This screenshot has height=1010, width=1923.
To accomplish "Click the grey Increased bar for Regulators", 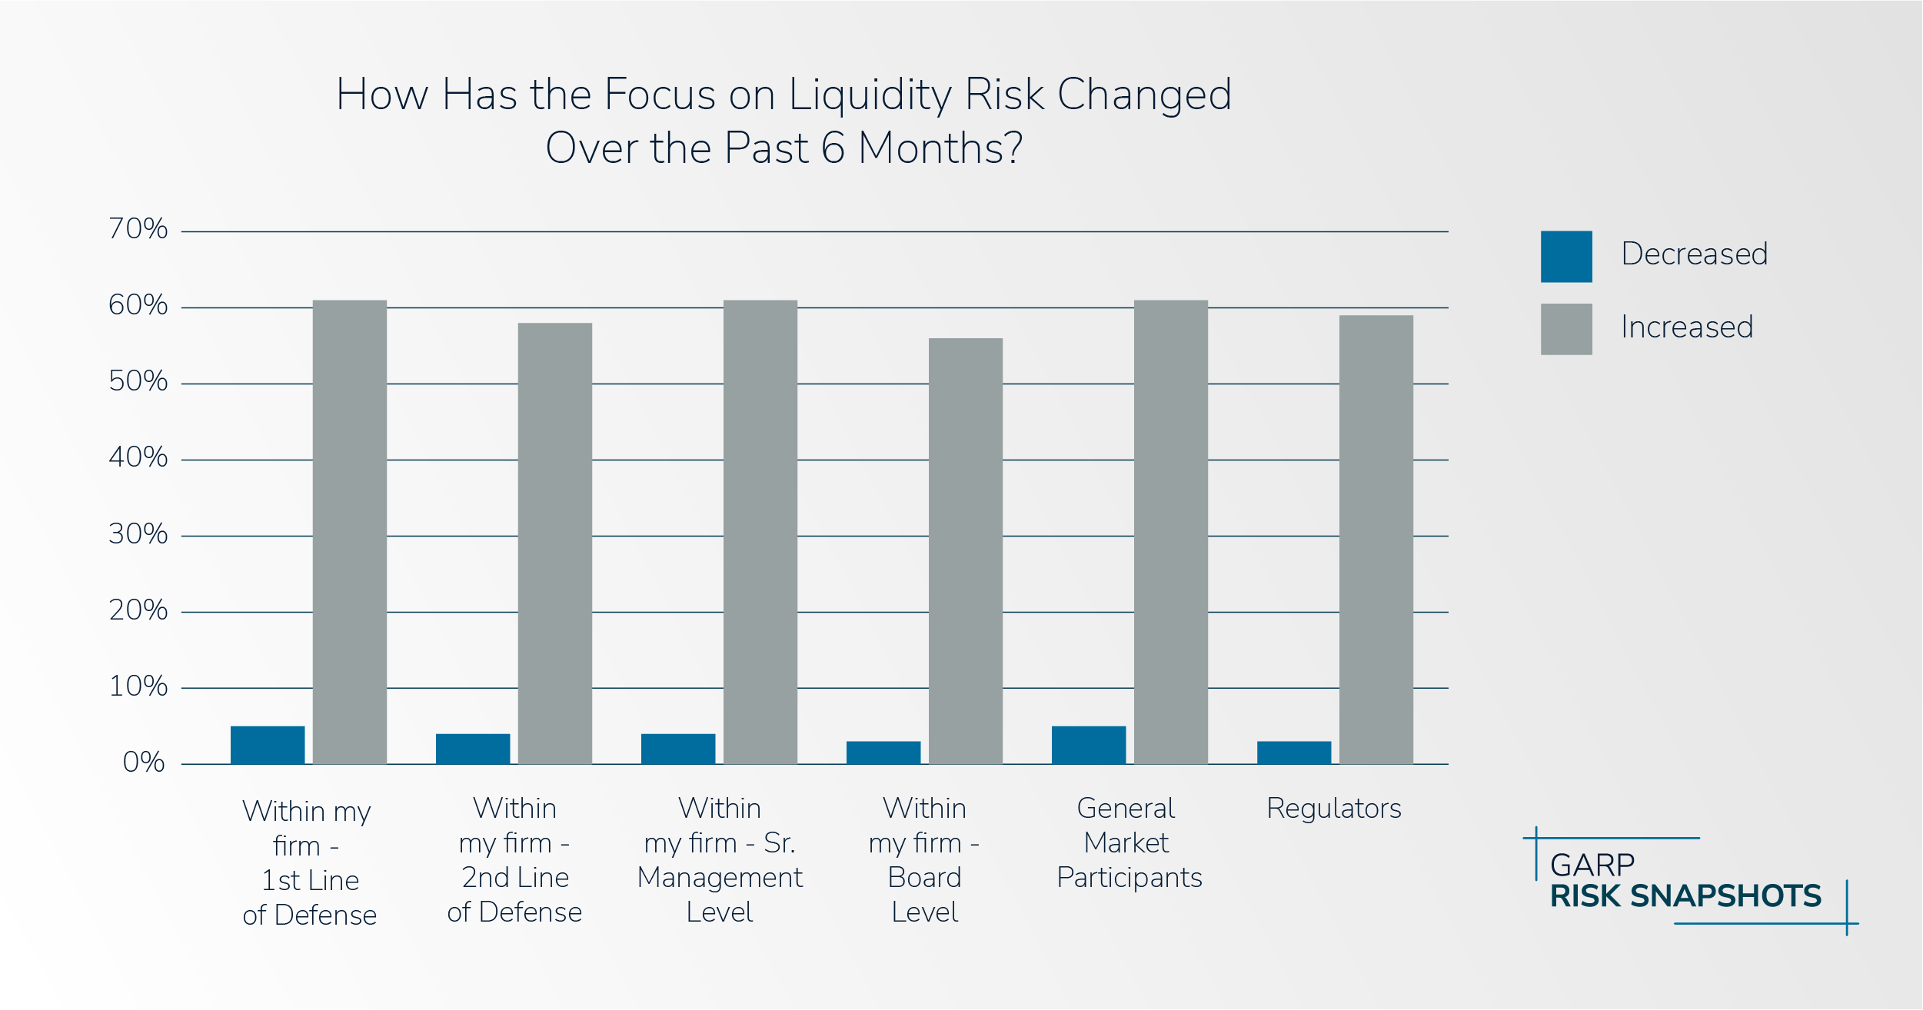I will click(1376, 539).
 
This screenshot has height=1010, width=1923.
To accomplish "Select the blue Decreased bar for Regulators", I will click(1293, 752).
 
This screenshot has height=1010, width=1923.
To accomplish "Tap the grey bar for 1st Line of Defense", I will click(349, 531).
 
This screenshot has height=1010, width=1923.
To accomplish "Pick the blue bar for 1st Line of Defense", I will click(268, 744).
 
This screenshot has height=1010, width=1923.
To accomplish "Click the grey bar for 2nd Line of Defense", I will click(554, 543).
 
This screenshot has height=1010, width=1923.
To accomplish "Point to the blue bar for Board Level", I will click(883, 752).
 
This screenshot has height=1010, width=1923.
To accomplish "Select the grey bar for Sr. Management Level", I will click(760, 531).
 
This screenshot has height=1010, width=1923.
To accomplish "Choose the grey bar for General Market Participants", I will click(1170, 531).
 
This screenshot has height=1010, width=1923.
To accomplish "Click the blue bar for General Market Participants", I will click(1088, 744).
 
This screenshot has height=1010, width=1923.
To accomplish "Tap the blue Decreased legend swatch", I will click(1565, 256).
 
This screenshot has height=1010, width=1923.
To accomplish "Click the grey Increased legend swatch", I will click(1565, 329).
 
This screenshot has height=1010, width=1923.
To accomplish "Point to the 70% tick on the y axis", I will click(138, 229).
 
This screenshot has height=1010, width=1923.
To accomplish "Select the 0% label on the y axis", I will click(144, 762).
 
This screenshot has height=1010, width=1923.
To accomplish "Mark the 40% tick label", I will click(138, 457).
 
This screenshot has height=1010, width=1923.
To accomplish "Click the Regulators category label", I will click(1333, 809).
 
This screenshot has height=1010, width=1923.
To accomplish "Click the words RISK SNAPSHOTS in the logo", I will click(1685, 896).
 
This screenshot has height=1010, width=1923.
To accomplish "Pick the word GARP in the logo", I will click(1592, 865).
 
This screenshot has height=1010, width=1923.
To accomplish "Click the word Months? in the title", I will click(940, 148).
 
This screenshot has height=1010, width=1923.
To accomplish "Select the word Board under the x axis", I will click(924, 878).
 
